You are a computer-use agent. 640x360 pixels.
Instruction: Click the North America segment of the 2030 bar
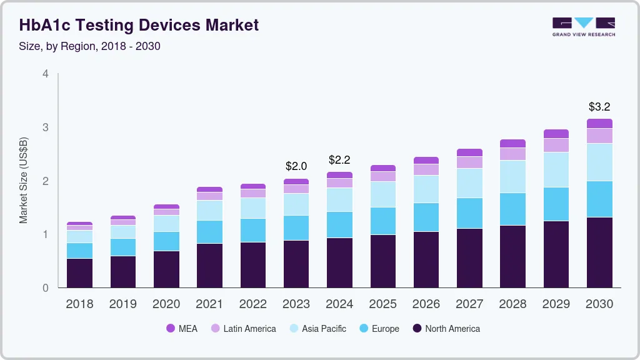click(599, 252)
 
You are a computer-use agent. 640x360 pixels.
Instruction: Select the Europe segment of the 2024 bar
click(339, 224)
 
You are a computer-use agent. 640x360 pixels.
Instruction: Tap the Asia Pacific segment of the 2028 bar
click(512, 176)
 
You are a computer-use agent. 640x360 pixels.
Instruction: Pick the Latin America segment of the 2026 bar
click(426, 169)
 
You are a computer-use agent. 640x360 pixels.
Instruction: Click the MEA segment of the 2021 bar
click(209, 189)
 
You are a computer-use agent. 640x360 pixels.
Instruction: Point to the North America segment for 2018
click(79, 273)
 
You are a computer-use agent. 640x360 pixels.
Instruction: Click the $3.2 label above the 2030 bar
click(599, 106)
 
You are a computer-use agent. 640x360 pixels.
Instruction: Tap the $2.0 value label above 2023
click(296, 166)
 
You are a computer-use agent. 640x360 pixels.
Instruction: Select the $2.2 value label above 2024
click(339, 160)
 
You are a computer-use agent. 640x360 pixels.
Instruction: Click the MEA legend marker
click(171, 328)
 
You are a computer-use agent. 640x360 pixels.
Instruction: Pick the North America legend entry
click(446, 328)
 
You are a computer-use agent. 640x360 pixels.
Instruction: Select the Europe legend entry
click(379, 328)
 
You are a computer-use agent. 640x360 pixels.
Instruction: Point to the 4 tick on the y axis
click(45, 74)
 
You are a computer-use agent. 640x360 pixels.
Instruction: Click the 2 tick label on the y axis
click(45, 181)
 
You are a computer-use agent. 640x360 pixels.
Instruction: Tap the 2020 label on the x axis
click(166, 304)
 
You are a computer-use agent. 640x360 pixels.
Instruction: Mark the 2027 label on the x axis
click(469, 304)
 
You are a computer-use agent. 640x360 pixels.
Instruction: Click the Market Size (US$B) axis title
click(24, 181)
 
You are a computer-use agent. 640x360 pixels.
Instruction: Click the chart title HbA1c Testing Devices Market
click(139, 26)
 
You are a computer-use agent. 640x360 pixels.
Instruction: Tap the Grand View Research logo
click(583, 26)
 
